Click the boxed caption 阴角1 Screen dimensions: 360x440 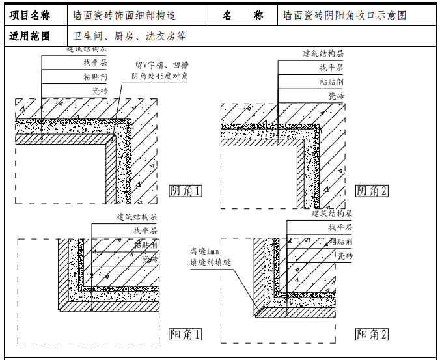(x=186, y=191)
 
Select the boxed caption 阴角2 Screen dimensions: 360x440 (x=372, y=191)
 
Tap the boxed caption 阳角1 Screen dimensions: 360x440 (x=186, y=335)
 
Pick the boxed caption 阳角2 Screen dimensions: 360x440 (x=372, y=335)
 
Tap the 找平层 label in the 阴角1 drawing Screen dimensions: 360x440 (x=94, y=62)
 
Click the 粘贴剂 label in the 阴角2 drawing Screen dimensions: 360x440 (x=331, y=82)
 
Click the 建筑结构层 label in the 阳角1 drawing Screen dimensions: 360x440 (x=137, y=217)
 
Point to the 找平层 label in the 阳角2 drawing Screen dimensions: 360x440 (x=340, y=227)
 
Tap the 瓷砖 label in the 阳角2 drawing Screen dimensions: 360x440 (x=345, y=256)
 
